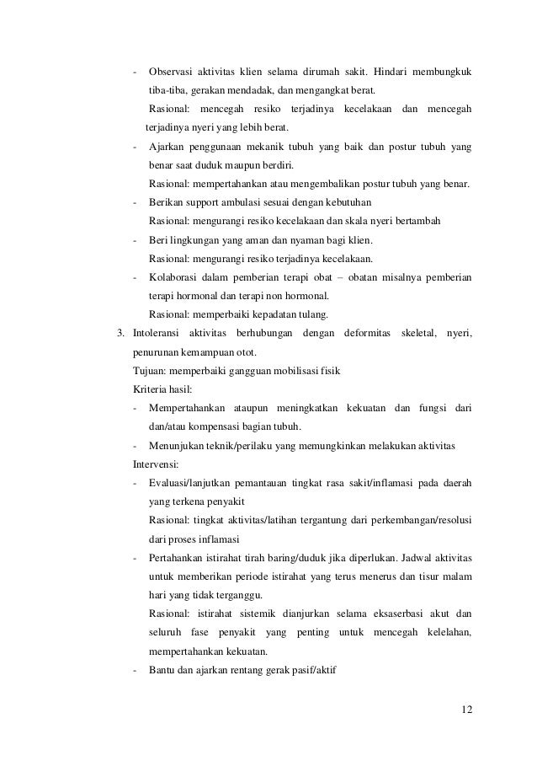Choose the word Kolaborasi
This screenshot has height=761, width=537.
click(x=176, y=277)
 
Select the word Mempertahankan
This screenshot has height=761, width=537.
click(x=186, y=409)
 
